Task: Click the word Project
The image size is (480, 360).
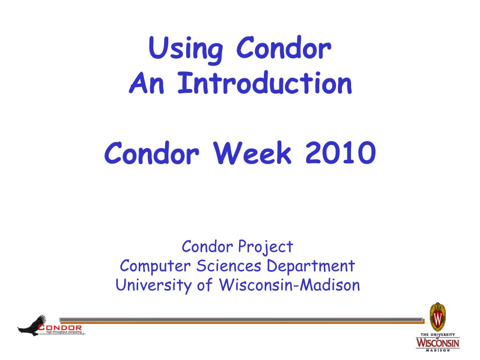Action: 265,247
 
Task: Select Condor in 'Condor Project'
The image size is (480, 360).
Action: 208,246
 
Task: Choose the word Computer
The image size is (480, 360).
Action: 156,266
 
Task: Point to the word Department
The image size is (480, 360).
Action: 311,266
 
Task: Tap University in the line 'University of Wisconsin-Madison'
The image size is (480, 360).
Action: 154,285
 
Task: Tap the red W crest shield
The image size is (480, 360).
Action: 438,317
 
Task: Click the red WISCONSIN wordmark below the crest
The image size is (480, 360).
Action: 438,343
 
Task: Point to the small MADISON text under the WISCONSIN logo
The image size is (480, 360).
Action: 438,350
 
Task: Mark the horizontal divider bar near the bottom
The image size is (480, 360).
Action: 253,321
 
